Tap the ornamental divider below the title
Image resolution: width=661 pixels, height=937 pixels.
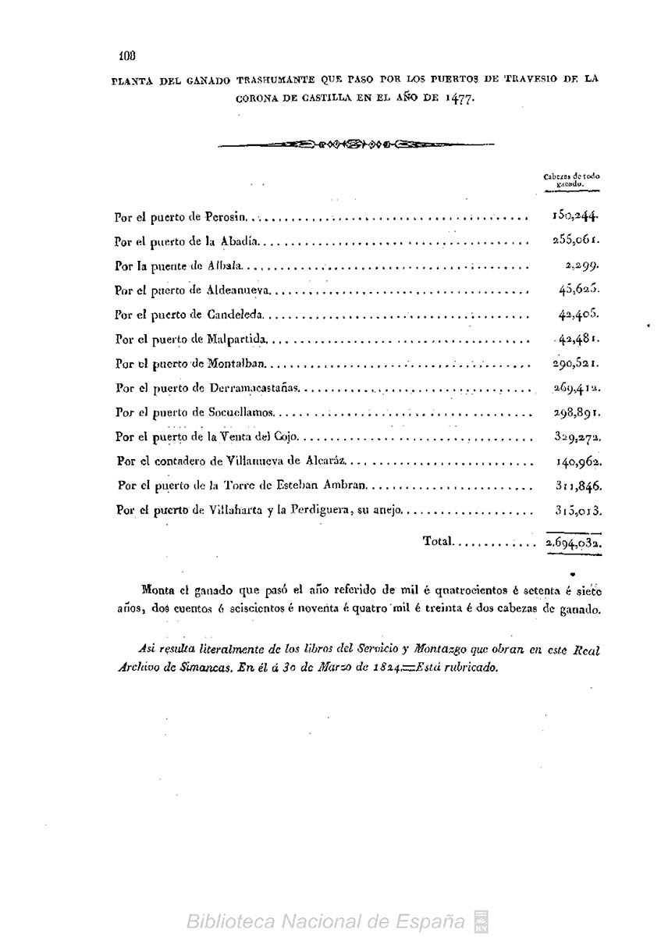pyautogui.click(x=354, y=144)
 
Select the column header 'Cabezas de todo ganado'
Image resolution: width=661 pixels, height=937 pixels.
pyautogui.click(x=571, y=179)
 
